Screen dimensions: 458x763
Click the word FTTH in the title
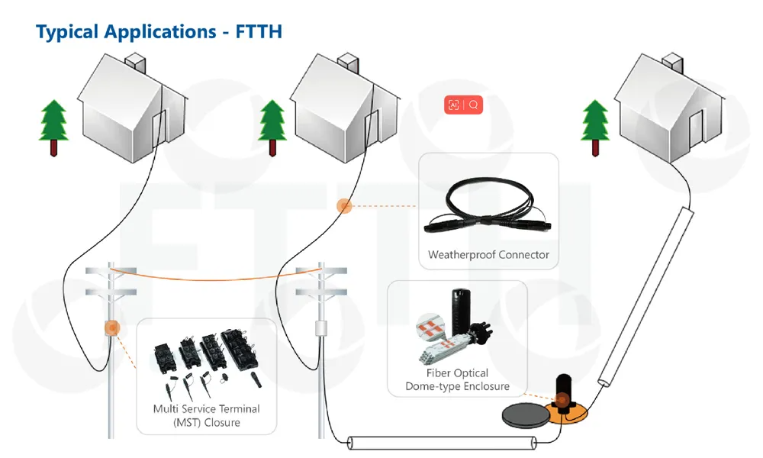point(259,32)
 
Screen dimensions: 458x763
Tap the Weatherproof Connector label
point(488,255)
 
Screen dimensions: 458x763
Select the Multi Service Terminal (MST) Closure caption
point(206,416)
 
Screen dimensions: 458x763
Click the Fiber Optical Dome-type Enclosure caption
point(457,380)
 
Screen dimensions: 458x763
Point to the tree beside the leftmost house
point(53,126)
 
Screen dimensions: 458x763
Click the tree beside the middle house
point(272,126)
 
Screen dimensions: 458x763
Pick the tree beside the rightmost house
point(595,126)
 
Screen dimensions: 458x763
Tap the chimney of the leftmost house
point(134,61)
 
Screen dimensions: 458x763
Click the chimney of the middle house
point(348,61)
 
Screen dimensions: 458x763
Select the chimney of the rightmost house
point(672,61)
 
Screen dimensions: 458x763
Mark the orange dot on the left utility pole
point(111,328)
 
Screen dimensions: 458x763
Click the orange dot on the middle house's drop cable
point(344,205)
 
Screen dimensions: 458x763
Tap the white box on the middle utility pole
point(321,328)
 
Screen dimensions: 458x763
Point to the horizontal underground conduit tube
point(443,443)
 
